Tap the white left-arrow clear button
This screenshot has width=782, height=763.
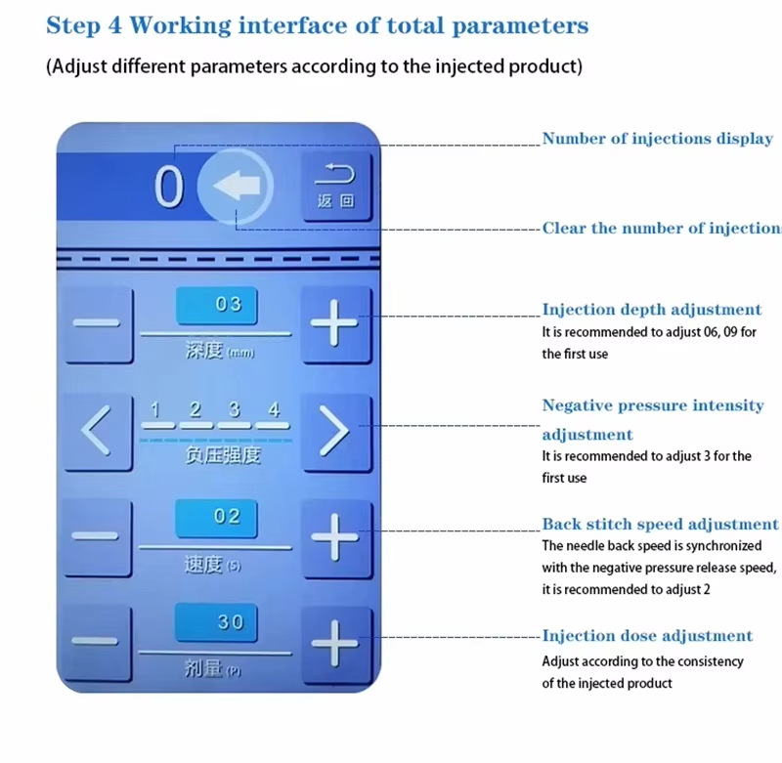(237, 187)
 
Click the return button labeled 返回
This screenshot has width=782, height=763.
(335, 186)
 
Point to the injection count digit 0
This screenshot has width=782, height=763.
(169, 188)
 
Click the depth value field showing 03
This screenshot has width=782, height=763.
(216, 305)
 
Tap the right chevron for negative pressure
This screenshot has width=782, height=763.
(335, 431)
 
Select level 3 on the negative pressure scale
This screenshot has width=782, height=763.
(234, 411)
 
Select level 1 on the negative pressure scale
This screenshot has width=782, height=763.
(155, 411)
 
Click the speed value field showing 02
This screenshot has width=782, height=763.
(216, 517)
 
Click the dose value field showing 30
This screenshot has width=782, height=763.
(216, 622)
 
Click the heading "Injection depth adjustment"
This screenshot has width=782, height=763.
(652, 310)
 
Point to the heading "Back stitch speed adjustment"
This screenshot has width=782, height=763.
(661, 525)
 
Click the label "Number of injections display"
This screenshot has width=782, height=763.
(658, 139)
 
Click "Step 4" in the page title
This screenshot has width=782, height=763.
(85, 25)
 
